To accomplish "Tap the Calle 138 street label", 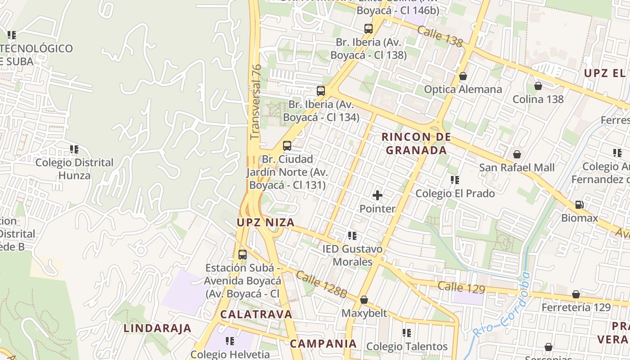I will click(x=440, y=36).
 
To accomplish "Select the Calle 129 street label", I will click(x=461, y=288).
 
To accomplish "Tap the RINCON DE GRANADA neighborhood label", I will click(x=416, y=144).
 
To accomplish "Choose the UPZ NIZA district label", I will click(x=265, y=222).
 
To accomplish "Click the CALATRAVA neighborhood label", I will click(x=256, y=314).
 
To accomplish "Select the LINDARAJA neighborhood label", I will click(x=157, y=328).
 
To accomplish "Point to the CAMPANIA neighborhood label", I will click(x=323, y=344).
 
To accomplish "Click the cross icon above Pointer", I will click(x=377, y=195).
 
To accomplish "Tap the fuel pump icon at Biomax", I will click(x=579, y=205).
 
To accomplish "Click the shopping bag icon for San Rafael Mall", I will click(x=517, y=154).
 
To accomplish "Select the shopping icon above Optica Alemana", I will click(x=463, y=76).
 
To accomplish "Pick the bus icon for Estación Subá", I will click(x=243, y=255).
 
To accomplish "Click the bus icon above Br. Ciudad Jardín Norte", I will click(x=287, y=146).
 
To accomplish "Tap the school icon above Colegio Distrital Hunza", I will click(x=74, y=149).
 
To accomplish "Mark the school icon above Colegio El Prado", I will click(x=455, y=180).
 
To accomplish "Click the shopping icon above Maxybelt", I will click(x=364, y=300).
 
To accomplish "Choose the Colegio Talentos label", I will click(x=407, y=346).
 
